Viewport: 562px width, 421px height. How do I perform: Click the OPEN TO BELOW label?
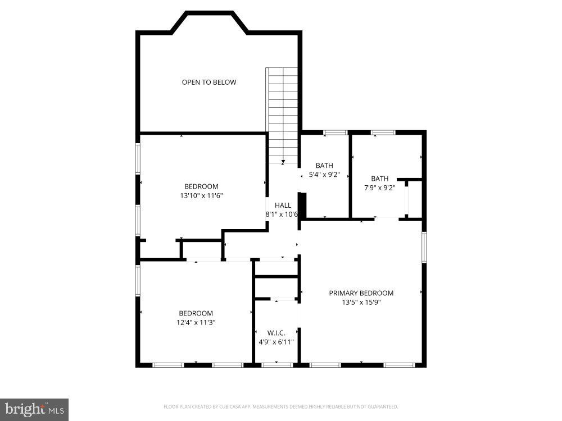[x=209, y=83]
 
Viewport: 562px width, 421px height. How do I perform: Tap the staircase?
[x=282, y=115]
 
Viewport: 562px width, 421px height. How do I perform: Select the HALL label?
[x=283, y=205]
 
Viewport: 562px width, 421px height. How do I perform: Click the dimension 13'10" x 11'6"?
[x=201, y=196]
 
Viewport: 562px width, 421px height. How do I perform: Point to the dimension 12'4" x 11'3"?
[x=196, y=323]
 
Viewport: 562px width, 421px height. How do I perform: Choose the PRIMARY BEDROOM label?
[x=361, y=293]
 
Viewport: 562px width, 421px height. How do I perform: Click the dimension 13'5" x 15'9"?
[x=361, y=302]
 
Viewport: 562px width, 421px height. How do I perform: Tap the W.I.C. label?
[x=276, y=333]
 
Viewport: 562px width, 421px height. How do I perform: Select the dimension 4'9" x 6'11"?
[x=276, y=342]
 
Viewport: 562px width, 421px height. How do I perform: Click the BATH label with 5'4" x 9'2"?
[x=324, y=166]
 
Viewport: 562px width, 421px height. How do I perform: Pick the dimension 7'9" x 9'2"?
[x=379, y=188]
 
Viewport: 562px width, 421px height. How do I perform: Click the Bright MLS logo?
[x=34, y=409]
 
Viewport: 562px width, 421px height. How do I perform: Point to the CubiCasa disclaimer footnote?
[x=280, y=406]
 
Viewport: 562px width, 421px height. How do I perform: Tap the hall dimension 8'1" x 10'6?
[x=282, y=214]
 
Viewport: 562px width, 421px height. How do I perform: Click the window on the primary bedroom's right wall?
[x=424, y=248]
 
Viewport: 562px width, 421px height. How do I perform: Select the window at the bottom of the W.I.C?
[x=277, y=365]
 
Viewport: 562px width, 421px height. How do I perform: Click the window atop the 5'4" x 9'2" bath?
[x=335, y=132]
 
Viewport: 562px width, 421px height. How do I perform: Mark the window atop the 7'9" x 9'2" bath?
[x=383, y=132]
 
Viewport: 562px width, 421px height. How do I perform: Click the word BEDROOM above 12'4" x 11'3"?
[x=196, y=314]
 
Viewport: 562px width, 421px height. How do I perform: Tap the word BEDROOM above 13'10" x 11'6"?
[x=201, y=187]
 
